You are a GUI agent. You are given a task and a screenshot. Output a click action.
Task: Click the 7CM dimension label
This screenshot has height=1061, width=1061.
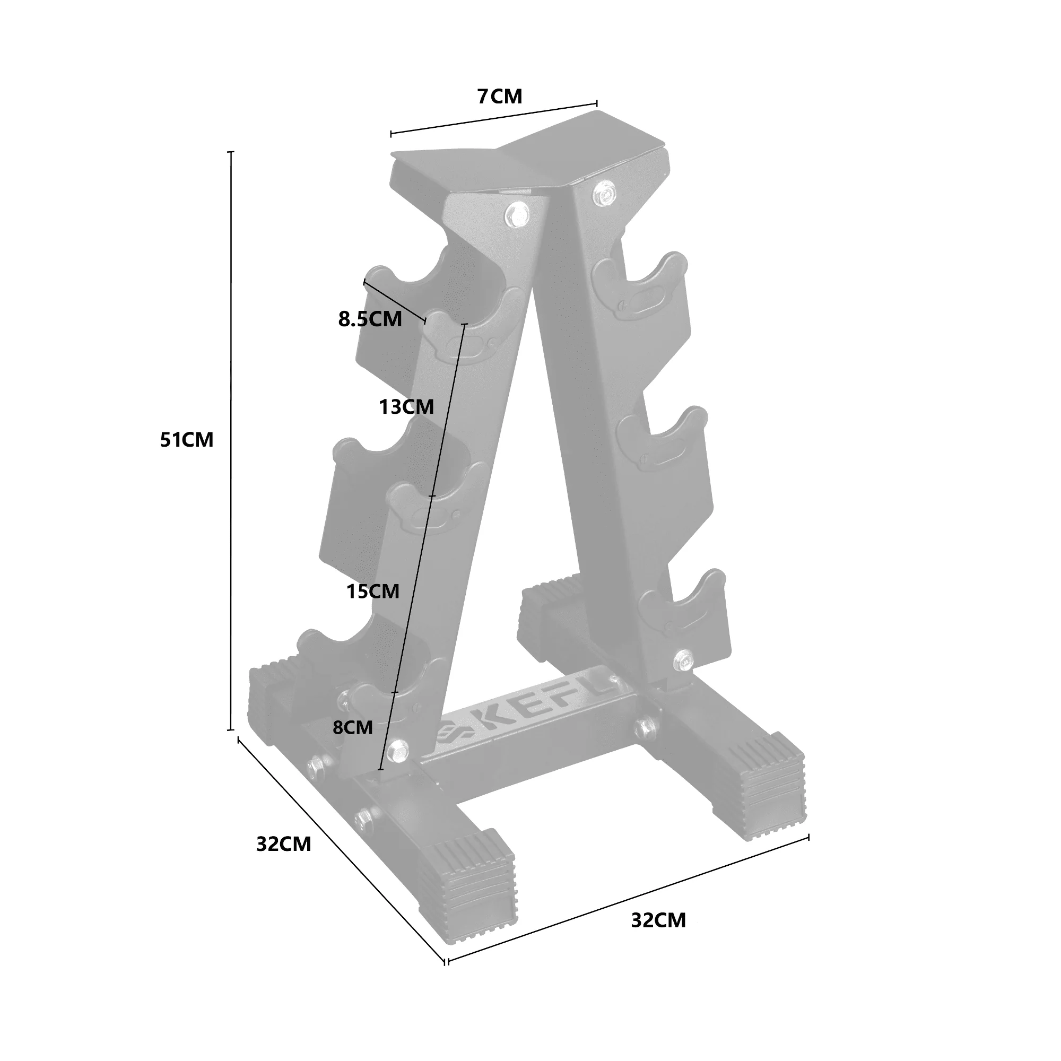[x=500, y=97]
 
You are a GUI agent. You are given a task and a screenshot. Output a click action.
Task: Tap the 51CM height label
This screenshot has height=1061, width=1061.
[x=187, y=440]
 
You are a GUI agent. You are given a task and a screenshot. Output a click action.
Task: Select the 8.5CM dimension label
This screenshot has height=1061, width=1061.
[x=370, y=319]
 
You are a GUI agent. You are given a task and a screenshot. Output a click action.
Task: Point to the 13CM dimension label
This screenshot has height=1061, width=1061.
[x=406, y=407]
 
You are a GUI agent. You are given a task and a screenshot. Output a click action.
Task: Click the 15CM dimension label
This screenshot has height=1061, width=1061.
[x=373, y=592]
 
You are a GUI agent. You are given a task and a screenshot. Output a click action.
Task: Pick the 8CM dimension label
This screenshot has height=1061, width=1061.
[x=353, y=728]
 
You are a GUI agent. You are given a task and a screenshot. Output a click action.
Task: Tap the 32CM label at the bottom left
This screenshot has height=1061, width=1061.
[x=283, y=844]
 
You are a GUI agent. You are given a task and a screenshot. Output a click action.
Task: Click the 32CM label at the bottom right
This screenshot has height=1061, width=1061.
[x=658, y=920]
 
